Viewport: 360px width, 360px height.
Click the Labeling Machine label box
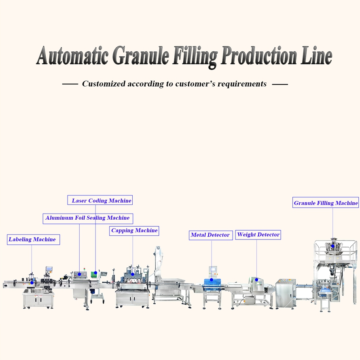point(33,239)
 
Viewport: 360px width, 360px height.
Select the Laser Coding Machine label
point(100,200)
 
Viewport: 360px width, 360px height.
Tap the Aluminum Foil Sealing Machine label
point(88,218)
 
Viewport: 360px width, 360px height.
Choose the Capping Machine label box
point(134,231)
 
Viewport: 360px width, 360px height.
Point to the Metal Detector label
point(211,235)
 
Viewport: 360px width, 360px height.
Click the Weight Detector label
point(258,235)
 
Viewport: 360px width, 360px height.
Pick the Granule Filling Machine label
point(326,203)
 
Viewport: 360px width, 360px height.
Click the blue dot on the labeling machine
point(32,283)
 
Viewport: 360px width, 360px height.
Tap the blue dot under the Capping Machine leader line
point(133,274)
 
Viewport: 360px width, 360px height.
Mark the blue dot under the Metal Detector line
point(212,280)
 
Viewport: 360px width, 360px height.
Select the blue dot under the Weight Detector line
point(256,280)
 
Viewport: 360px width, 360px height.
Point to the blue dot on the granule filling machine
point(332,246)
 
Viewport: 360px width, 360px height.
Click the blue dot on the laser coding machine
point(95,273)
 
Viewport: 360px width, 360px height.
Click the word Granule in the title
point(141,56)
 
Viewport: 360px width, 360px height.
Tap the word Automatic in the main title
point(72,55)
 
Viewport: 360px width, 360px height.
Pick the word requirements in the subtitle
point(242,84)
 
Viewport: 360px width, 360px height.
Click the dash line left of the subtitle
point(70,84)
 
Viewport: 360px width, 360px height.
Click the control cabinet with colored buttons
point(286,294)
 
